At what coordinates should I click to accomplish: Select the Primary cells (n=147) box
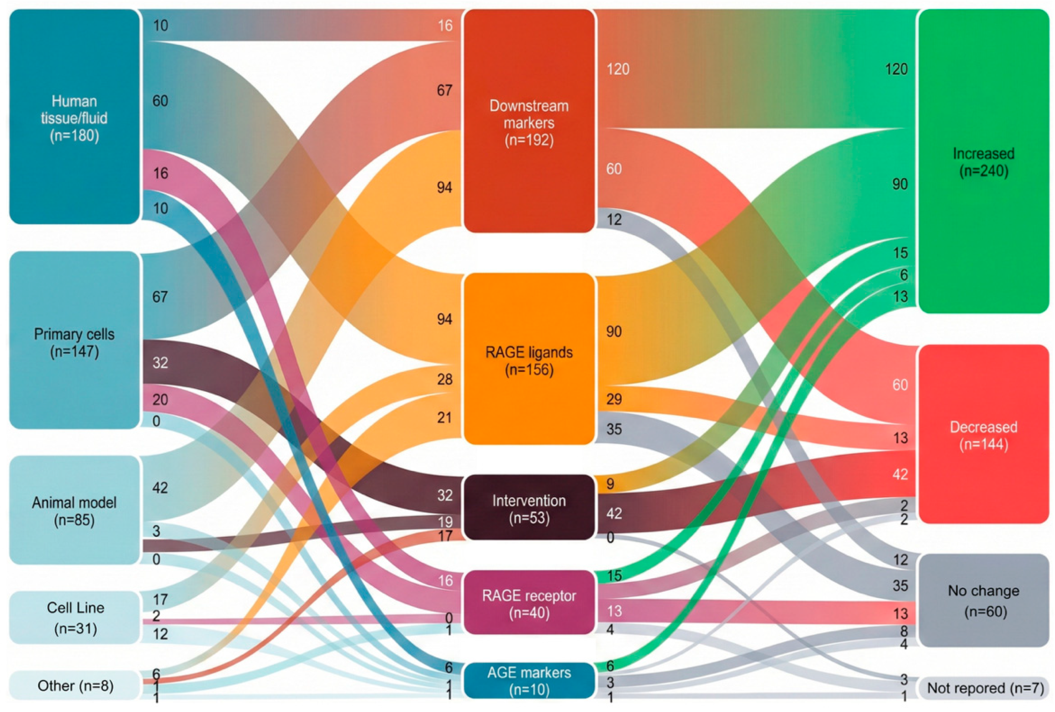(x=74, y=341)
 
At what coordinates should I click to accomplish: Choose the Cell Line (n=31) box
(x=75, y=617)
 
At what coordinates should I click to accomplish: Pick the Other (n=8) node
(x=75, y=685)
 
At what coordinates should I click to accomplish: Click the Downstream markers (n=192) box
(x=529, y=121)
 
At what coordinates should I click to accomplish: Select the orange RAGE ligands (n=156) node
(x=529, y=359)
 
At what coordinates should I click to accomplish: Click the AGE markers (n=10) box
(x=529, y=680)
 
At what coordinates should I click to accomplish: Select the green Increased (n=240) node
(x=983, y=161)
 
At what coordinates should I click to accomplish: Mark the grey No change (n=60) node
(x=983, y=600)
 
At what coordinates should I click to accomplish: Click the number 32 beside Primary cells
(x=160, y=362)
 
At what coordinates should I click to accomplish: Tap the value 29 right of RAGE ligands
(x=614, y=399)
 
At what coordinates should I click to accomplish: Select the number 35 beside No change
(x=900, y=585)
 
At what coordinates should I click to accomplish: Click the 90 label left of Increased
(x=900, y=184)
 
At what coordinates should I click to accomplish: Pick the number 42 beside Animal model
(x=160, y=488)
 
